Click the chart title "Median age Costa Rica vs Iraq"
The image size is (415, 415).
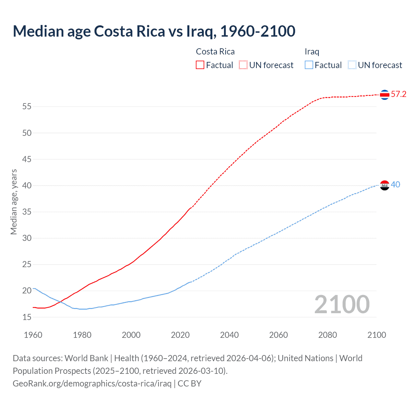pos(154,31)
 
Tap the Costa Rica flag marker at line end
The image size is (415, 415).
pos(385,95)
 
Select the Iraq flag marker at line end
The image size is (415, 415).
pos(385,185)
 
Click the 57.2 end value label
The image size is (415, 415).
pos(398,94)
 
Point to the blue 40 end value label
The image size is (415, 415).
pos(396,185)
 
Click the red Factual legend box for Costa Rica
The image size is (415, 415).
pos(200,65)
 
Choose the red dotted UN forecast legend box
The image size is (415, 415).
pos(243,65)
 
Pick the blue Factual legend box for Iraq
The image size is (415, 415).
pos(309,65)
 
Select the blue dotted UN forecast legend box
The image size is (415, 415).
pos(352,65)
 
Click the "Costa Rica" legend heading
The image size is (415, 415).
pos(215,52)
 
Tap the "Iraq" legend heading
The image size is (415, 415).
pos(312,52)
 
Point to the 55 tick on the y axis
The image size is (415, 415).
pos(27,107)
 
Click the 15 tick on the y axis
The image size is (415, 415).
pos(27,317)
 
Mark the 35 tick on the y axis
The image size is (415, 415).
pos(27,212)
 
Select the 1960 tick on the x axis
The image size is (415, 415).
pos(33,335)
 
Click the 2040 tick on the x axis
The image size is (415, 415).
pos(229,335)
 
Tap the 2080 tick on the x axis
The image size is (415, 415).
pos(327,335)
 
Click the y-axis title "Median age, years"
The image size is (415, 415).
pos(14,202)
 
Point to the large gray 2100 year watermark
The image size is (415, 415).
pos(342,304)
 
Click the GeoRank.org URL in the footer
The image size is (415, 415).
pos(92,384)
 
